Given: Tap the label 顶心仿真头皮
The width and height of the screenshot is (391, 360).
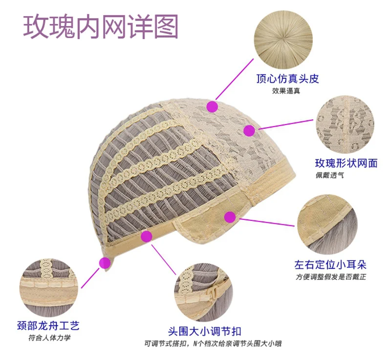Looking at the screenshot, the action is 288,79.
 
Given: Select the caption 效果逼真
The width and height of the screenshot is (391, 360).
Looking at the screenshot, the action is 286,91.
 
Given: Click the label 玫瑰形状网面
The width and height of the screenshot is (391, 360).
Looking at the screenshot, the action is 346,163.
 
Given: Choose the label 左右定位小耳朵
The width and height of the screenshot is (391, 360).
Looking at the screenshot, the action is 330,265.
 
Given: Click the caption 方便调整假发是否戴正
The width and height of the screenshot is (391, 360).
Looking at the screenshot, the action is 330,277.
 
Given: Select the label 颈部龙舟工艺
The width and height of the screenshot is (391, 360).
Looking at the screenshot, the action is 48,325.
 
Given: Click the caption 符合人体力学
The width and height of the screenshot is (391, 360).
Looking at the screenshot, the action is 47,338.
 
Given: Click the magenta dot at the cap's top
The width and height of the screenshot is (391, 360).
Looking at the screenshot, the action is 212,106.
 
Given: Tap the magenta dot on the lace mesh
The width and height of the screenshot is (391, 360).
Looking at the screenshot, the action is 249,130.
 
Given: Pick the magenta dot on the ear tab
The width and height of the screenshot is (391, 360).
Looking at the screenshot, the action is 229,217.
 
